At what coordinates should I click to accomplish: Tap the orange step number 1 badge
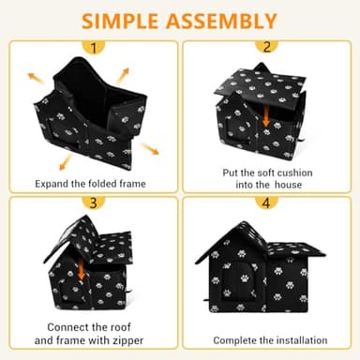(x=90, y=47)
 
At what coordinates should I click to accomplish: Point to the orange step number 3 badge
(x=90, y=202)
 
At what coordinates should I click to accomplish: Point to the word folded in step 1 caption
(x=111, y=183)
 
